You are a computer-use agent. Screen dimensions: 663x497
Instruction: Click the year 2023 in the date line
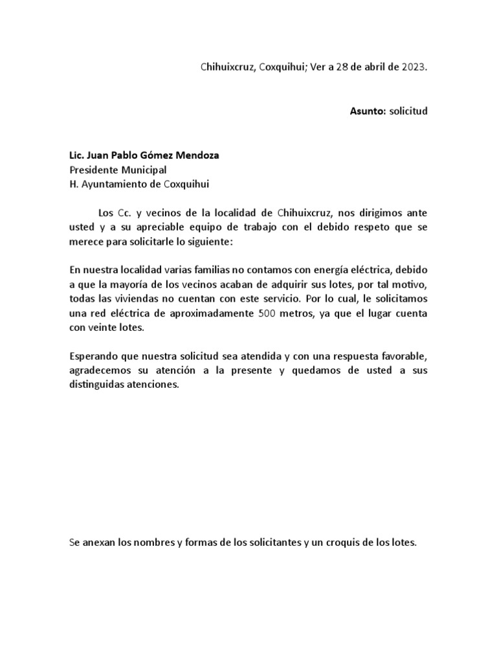[415, 67]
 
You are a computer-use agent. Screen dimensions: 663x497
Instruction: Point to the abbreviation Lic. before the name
[77, 155]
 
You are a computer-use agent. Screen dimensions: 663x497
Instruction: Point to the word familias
[212, 269]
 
